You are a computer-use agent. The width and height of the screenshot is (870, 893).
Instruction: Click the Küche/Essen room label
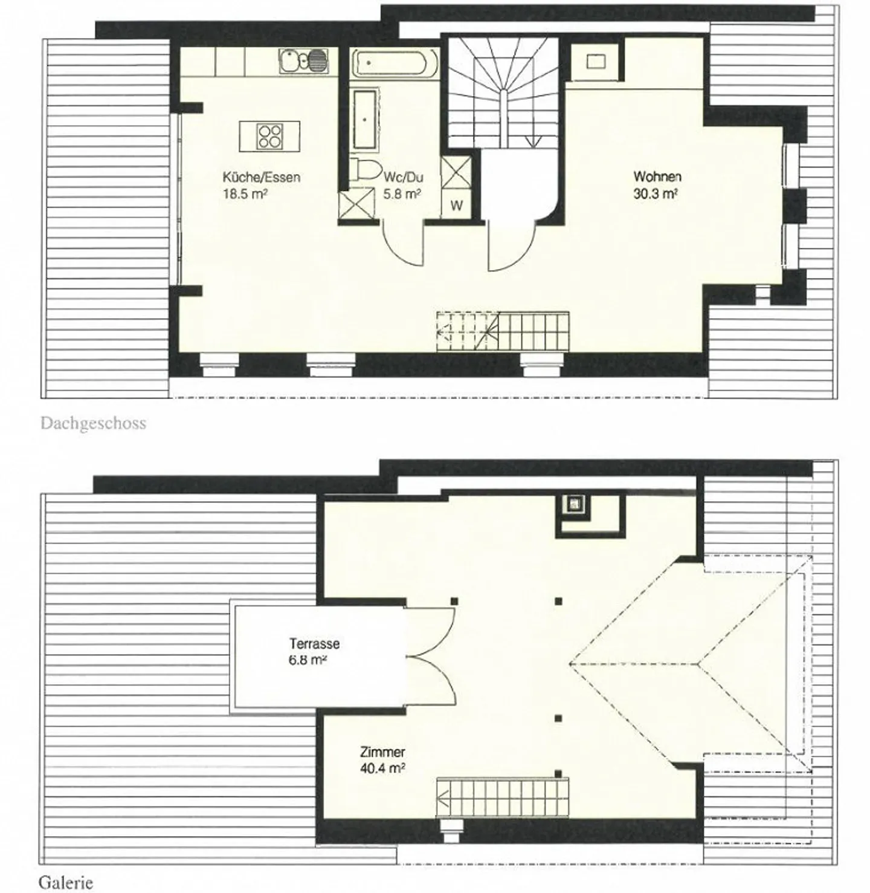click(262, 177)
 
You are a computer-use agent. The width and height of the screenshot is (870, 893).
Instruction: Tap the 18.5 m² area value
click(245, 193)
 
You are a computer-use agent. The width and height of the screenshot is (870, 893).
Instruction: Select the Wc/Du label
click(404, 177)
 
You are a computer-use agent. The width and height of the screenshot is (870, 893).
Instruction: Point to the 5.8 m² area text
click(402, 193)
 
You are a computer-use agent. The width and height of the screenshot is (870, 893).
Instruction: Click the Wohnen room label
click(657, 176)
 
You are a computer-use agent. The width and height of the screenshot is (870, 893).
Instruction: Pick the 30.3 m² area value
click(656, 193)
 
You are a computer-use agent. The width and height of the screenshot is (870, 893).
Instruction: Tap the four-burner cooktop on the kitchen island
click(269, 136)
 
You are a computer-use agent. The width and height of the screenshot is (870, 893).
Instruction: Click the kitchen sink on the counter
click(304, 61)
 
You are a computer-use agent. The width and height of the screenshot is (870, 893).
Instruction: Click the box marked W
click(456, 205)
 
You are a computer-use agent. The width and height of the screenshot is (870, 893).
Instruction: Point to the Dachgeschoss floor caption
click(93, 423)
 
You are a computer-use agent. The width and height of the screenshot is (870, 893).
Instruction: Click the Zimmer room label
click(382, 752)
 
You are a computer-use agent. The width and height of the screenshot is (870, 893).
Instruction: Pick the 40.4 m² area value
click(382, 768)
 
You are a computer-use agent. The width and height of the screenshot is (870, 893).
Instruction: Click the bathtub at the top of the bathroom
click(395, 64)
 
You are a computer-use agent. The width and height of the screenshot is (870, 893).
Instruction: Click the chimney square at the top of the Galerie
click(573, 505)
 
